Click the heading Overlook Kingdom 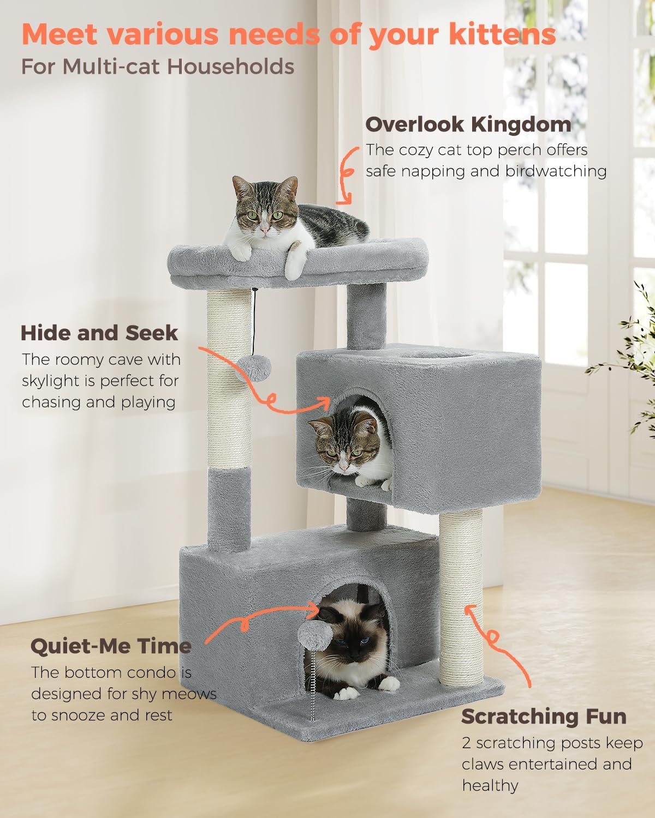point(468,124)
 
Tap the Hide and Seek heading point(99,333)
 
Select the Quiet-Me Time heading point(111,646)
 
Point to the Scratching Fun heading point(544,717)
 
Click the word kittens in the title point(502,35)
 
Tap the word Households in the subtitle point(230,67)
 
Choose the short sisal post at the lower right point(461,600)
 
